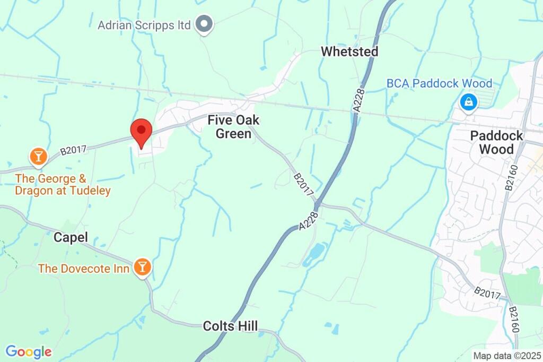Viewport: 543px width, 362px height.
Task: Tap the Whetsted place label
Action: [x=349, y=51]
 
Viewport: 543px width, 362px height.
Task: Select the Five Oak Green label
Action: [x=233, y=127]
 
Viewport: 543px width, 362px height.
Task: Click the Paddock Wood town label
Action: [x=496, y=142]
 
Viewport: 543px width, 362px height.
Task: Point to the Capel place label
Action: [x=71, y=237]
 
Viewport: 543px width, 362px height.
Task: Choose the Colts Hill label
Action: [x=230, y=326]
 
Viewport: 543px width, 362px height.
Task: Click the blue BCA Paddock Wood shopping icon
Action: [x=469, y=102]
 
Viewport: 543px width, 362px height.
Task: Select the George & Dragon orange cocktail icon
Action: [x=38, y=157]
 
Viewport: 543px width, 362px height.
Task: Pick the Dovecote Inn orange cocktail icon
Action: [x=142, y=267]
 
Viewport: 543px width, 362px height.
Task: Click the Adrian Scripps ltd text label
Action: [x=144, y=25]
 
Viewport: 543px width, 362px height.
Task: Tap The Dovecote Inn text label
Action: [x=83, y=269]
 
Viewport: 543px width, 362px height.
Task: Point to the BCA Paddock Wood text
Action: [x=439, y=83]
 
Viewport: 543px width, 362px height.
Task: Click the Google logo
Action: [x=29, y=351]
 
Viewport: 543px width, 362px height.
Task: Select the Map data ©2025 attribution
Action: [x=506, y=356]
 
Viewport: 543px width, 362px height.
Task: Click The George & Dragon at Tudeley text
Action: [x=63, y=185]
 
